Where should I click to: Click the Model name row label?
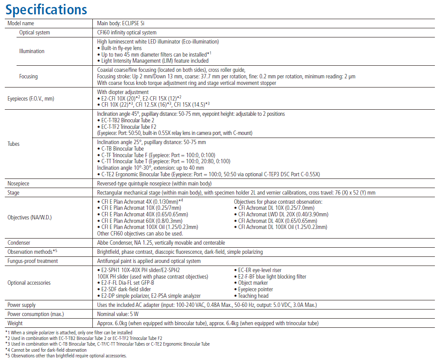[20, 24]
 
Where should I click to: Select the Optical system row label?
[34, 33]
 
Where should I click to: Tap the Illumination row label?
[32, 51]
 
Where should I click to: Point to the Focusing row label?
[28, 77]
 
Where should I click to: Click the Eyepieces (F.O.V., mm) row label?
[31, 98]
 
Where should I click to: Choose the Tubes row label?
[14, 144]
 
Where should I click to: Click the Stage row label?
[14, 193]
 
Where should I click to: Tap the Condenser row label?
[19, 243]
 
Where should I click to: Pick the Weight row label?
[15, 323]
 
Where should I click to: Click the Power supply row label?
[22, 305]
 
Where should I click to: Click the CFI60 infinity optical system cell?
[127, 33]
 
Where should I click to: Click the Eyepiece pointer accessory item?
[255, 289]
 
